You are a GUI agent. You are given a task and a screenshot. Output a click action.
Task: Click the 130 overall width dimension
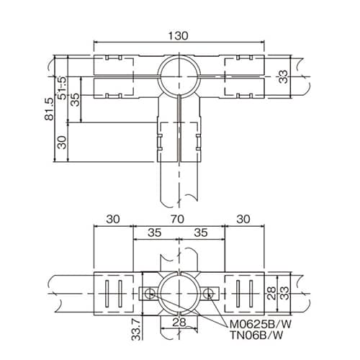click(x=179, y=34)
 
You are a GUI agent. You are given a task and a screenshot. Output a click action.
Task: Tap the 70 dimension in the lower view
click(x=179, y=217)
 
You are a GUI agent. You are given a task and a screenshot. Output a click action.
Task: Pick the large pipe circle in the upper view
click(x=177, y=75)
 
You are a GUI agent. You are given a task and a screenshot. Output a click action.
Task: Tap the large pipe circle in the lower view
click(x=177, y=293)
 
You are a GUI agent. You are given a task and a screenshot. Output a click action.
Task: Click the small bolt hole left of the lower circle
click(x=148, y=293)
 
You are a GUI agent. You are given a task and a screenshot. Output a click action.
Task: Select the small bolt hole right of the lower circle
click(x=207, y=293)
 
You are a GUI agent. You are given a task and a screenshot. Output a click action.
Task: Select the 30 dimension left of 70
click(x=113, y=217)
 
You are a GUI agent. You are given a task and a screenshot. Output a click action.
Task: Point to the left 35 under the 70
click(x=153, y=233)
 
